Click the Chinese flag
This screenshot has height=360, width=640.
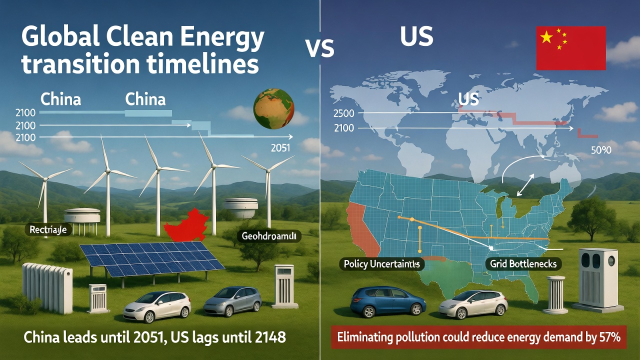click(570, 48)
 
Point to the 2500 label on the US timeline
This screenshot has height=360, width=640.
click(343, 112)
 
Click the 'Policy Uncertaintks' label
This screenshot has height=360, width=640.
click(381, 263)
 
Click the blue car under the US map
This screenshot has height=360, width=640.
click(388, 301)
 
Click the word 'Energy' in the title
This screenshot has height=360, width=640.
click(226, 38)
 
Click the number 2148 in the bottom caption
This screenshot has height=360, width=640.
click(268, 337)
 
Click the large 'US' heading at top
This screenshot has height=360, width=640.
click(416, 37)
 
